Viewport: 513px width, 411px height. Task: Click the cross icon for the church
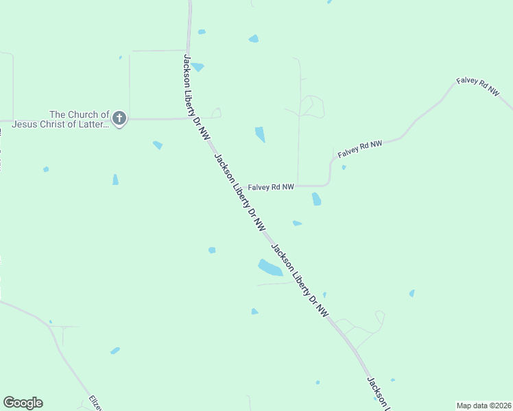click(x=119, y=119)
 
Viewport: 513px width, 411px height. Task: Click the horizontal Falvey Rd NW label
click(x=271, y=186)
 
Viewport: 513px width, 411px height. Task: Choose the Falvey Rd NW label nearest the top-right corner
click(x=478, y=85)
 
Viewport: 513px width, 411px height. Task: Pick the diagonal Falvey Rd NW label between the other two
click(x=359, y=147)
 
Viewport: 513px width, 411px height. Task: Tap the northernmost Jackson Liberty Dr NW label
click(x=195, y=97)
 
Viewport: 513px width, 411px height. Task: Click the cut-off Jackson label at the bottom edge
click(x=378, y=394)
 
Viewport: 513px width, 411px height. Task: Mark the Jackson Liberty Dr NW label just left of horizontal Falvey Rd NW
click(x=240, y=192)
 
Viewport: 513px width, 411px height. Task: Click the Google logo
click(x=23, y=403)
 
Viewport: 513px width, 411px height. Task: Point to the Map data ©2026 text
click(x=484, y=405)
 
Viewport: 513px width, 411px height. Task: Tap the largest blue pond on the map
click(x=270, y=267)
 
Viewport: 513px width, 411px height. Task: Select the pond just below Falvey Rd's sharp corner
click(x=316, y=199)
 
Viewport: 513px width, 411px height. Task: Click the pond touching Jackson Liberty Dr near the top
click(x=198, y=67)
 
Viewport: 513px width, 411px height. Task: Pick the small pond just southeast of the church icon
click(x=158, y=145)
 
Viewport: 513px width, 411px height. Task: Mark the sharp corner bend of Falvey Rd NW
click(x=329, y=184)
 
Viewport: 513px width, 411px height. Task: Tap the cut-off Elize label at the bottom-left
click(x=95, y=402)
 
